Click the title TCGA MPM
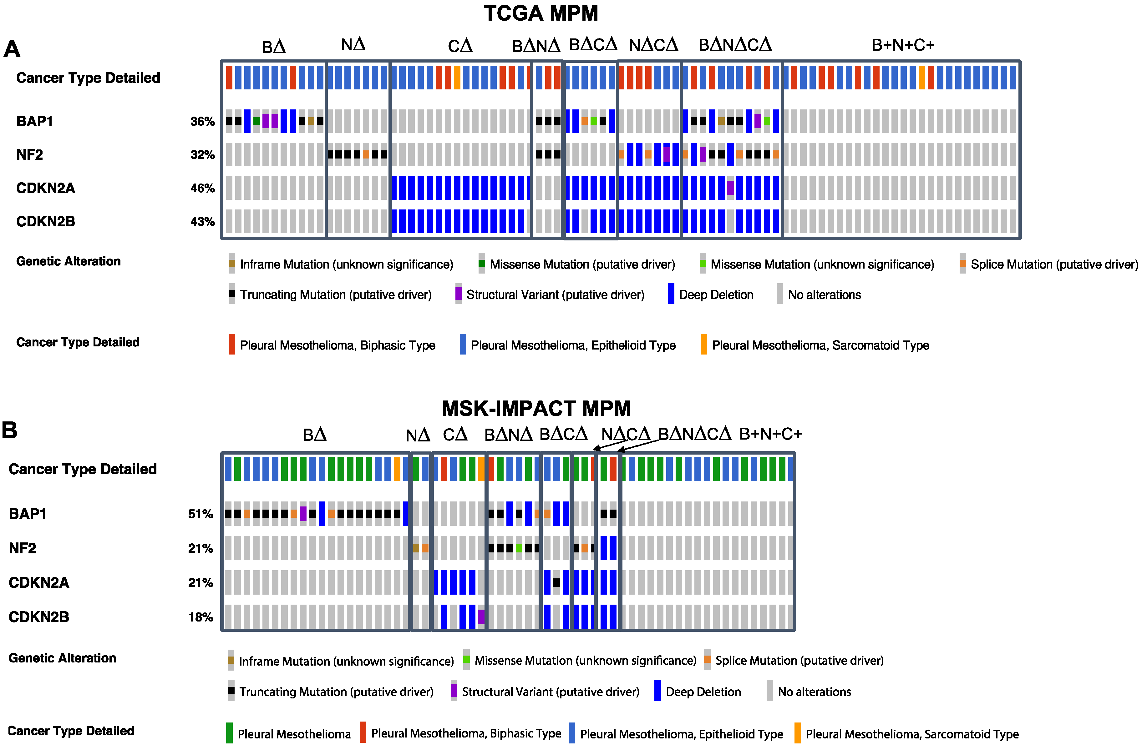[541, 13]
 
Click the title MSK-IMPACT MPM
[536, 409]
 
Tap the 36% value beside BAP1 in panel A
[202, 121]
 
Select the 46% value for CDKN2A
[202, 188]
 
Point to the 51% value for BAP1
[200, 514]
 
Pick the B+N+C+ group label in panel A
[903, 45]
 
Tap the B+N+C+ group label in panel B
[770, 434]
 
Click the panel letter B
[10, 430]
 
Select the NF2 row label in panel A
[29, 155]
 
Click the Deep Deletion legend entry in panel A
[715, 294]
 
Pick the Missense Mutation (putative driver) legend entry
[581, 264]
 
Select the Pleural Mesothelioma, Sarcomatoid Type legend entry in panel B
[912, 734]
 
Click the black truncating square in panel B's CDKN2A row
[556, 582]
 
